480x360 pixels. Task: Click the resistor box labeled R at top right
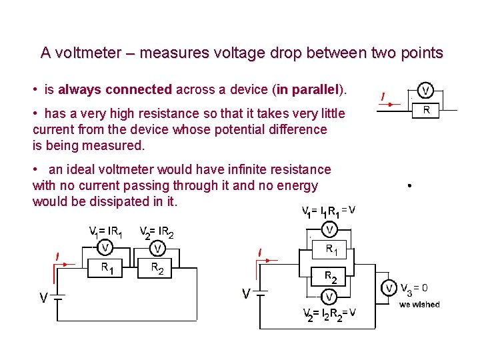click(x=426, y=111)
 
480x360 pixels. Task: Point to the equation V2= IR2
click(x=157, y=232)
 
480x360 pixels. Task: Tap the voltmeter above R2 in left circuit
click(x=157, y=249)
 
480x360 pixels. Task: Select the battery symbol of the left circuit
click(x=59, y=298)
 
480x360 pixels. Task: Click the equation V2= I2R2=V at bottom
click(x=329, y=313)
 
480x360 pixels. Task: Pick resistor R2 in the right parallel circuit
click(x=329, y=275)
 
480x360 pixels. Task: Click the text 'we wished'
click(x=419, y=305)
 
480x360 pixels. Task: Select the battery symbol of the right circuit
click(x=263, y=293)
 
